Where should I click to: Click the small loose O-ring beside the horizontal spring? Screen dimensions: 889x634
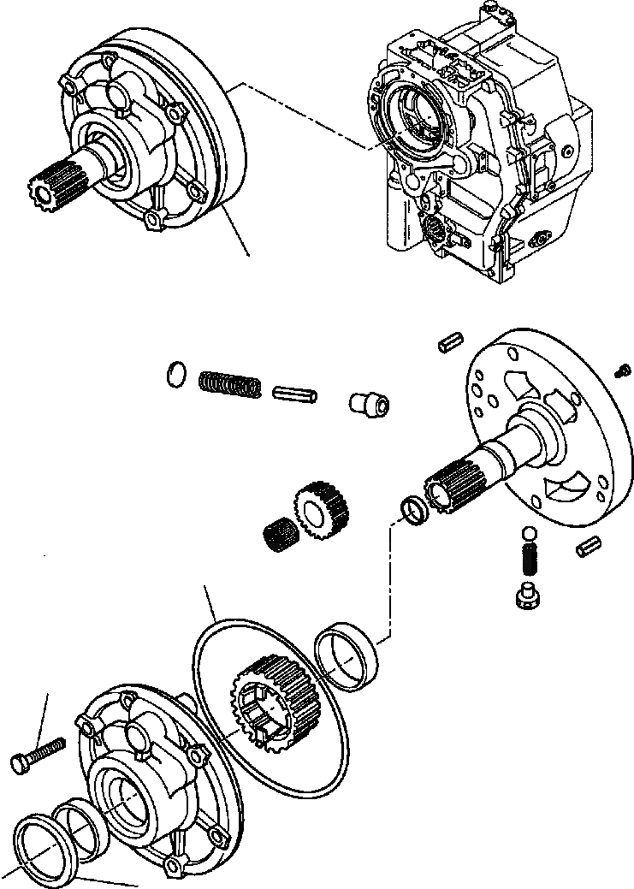pyautogui.click(x=175, y=374)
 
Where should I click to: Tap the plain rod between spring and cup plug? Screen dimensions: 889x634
pyautogui.click(x=295, y=395)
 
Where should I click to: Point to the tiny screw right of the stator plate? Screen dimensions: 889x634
pyautogui.click(x=624, y=370)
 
